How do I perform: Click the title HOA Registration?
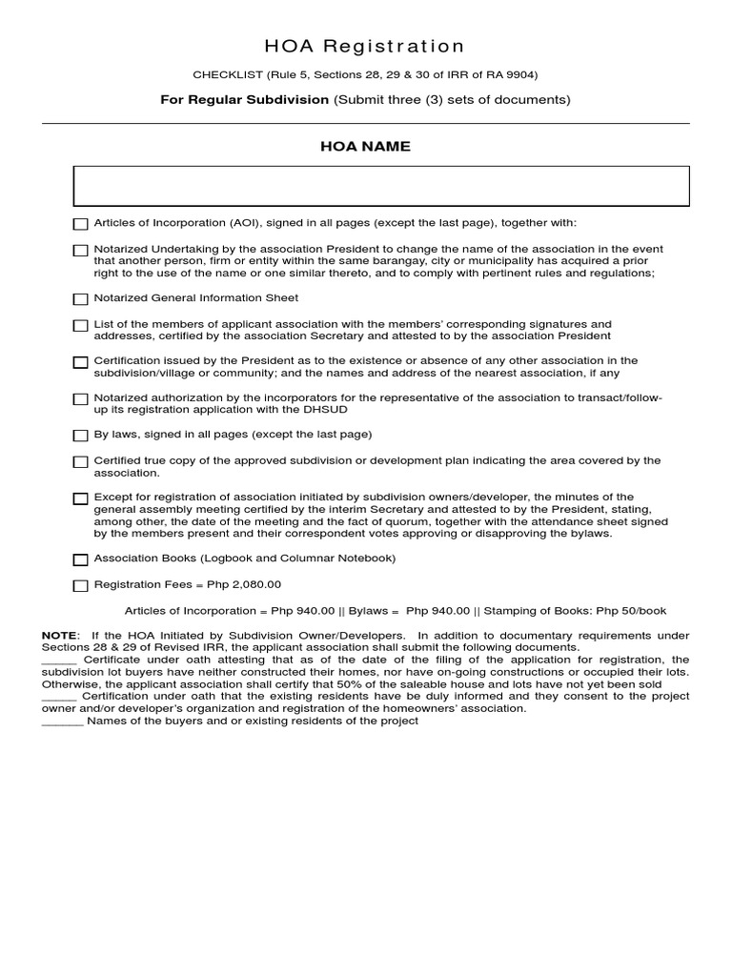click(365, 47)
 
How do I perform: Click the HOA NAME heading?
click(365, 146)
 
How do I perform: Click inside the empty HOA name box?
click(381, 186)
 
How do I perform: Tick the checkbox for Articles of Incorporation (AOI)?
click(80, 224)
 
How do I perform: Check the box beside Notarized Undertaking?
click(80, 251)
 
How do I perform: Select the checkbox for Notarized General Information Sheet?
click(80, 299)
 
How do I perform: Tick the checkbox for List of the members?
click(80, 326)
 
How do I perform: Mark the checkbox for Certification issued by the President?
click(80, 362)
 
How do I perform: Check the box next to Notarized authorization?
click(80, 399)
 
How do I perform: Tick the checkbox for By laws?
click(80, 436)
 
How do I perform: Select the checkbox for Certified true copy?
click(80, 462)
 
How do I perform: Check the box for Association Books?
click(80, 559)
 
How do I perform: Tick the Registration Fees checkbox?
click(80, 586)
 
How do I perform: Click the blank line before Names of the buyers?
click(62, 722)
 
